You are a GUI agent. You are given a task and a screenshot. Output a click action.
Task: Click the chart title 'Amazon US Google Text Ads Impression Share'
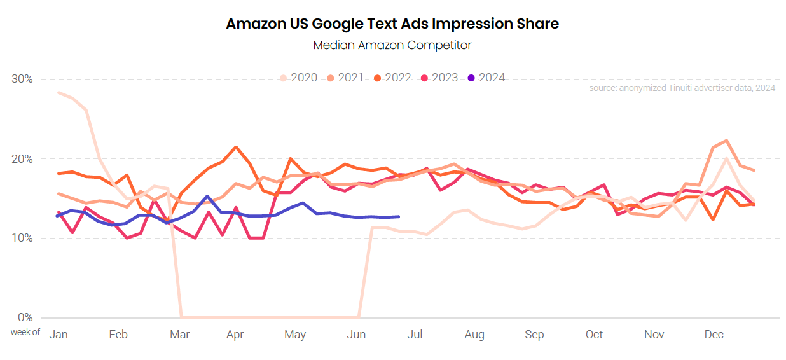coord(392,24)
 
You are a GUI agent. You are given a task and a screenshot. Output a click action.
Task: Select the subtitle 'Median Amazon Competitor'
coord(392,45)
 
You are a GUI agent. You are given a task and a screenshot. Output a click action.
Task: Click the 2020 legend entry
coord(298,78)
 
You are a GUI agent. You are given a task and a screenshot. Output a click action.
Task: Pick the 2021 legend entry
coord(345,78)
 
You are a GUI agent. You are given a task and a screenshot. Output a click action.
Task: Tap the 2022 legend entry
coord(392,78)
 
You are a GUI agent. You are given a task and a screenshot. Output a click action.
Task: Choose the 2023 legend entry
coord(439,78)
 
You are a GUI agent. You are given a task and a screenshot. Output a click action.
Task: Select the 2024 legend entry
coord(486,78)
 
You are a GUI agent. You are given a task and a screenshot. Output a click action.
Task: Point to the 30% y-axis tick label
coord(23,79)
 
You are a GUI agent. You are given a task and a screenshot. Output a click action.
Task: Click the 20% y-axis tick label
coord(23,158)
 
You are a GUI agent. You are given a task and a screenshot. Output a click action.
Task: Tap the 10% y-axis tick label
coord(23,238)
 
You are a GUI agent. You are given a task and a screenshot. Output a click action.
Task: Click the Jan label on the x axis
coord(59,335)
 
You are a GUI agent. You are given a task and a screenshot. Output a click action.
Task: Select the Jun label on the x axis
coord(357,335)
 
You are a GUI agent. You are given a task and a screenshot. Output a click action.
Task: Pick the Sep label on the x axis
coord(534,335)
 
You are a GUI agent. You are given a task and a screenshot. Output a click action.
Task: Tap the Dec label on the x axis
coord(714,335)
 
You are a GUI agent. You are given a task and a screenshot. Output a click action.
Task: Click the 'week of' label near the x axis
coord(25,332)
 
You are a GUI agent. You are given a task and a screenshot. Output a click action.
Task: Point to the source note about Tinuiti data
coord(682,88)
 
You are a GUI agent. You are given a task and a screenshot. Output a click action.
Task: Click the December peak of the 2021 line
coord(726,141)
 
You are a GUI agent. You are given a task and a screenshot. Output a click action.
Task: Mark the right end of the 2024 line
coord(399,217)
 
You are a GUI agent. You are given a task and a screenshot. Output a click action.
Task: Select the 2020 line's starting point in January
coord(59,92)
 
